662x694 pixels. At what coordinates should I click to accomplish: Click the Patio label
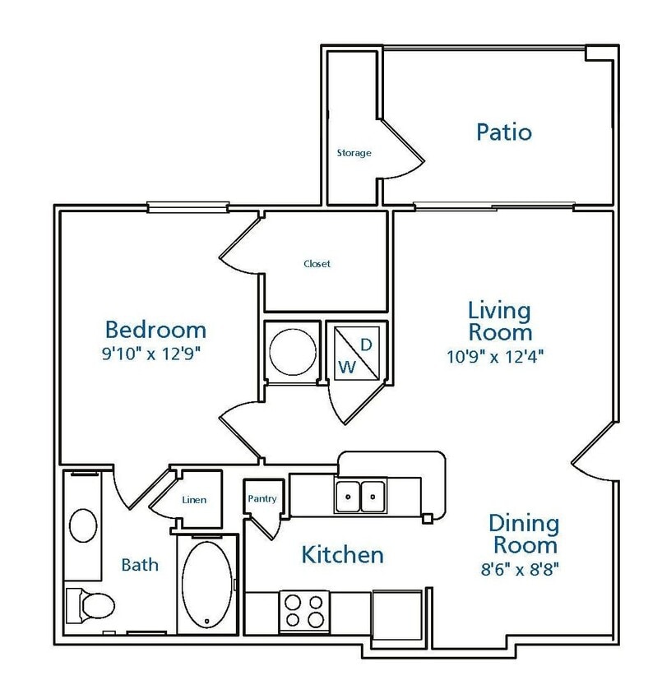[x=503, y=132]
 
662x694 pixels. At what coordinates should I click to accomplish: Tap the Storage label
[x=354, y=153]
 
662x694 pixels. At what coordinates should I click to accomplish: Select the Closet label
[x=317, y=264]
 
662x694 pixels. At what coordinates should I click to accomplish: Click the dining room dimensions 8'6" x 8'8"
[x=524, y=567]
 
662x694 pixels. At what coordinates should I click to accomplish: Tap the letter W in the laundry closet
[x=347, y=368]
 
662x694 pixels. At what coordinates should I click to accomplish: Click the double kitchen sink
[x=361, y=495]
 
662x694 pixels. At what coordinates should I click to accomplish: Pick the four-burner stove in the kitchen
[x=303, y=611]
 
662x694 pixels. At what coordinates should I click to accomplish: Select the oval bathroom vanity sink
[x=82, y=524]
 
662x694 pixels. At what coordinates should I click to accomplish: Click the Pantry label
[x=262, y=498]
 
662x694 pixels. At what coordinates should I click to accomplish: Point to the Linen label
[x=195, y=499]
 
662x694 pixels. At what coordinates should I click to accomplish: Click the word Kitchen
[x=342, y=554]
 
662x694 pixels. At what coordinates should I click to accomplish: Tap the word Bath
[x=140, y=565]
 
